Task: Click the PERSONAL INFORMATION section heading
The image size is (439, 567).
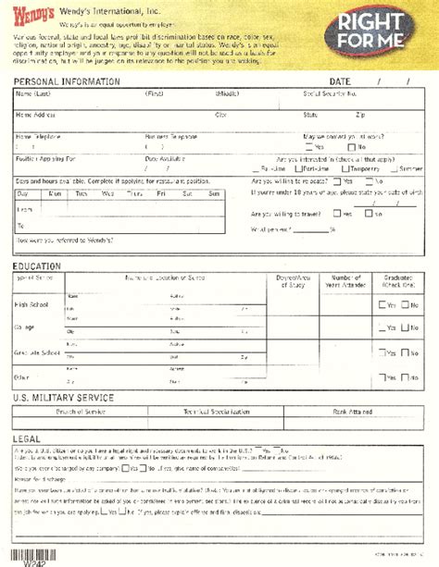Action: pos(67,81)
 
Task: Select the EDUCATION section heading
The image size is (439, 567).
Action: pos(37,266)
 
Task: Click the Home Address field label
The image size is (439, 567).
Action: pos(36,115)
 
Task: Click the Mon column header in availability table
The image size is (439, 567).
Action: pos(55,192)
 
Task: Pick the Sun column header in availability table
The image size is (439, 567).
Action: pos(213,192)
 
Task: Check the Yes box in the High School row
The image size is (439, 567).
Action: pos(383,305)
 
